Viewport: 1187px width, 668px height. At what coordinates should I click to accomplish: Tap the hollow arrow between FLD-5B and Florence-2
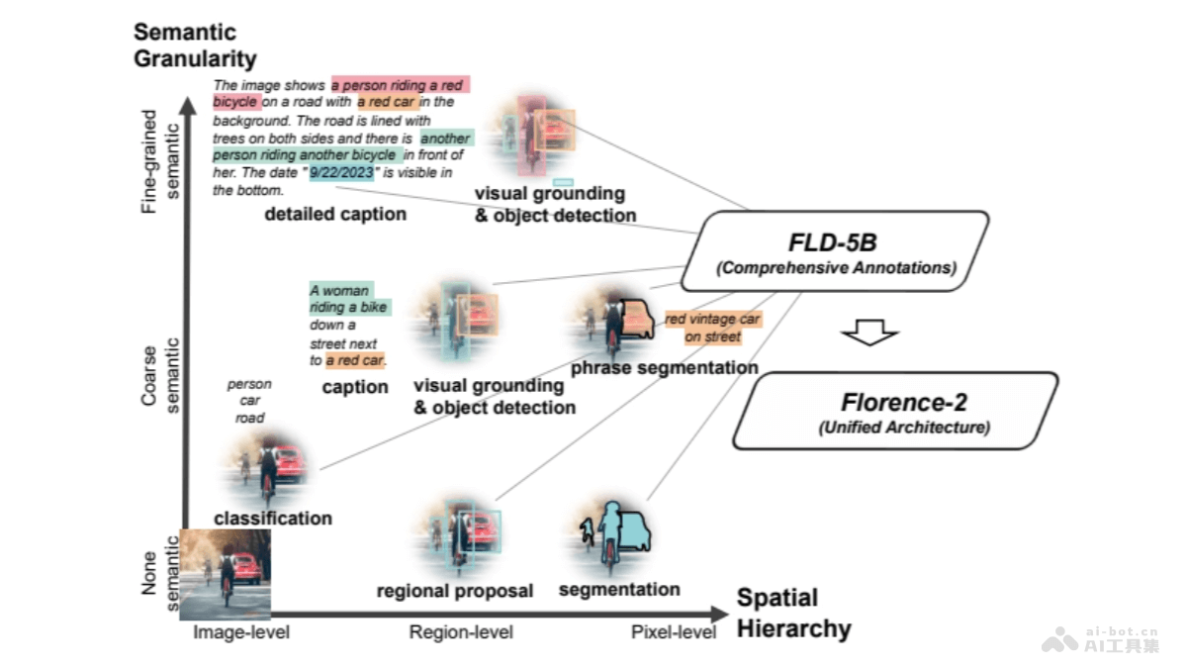click(x=868, y=334)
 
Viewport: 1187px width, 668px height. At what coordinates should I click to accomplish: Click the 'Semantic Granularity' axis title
click(x=195, y=46)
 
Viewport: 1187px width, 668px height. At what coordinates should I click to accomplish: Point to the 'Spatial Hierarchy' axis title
click(x=793, y=613)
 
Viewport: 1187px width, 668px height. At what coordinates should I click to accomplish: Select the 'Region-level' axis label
click(x=461, y=631)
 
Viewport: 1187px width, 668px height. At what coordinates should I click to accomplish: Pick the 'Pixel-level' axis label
click(x=674, y=631)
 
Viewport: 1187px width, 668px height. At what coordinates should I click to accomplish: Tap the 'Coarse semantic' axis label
click(x=161, y=374)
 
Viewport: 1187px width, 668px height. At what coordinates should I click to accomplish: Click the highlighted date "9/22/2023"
click(x=341, y=172)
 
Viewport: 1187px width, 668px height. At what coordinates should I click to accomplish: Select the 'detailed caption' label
click(x=334, y=214)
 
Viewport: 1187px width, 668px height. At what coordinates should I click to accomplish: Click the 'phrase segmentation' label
click(x=664, y=367)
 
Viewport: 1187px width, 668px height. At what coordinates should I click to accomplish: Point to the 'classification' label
click(x=273, y=518)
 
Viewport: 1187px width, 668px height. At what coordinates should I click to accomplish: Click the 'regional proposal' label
click(x=454, y=591)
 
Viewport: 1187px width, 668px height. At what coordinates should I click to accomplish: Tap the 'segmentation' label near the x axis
click(x=619, y=590)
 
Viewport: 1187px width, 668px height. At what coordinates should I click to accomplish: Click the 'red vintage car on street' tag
click(x=712, y=328)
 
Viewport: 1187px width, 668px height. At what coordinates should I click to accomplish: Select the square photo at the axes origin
click(x=226, y=573)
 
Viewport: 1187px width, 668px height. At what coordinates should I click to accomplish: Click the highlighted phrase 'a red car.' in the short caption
click(x=356, y=359)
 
